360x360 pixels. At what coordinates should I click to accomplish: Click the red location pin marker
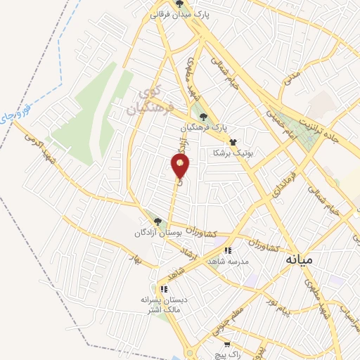tap(181, 166)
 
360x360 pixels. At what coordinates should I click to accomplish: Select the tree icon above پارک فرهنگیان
tap(203, 117)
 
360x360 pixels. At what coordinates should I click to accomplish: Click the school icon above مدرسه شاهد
tap(227, 250)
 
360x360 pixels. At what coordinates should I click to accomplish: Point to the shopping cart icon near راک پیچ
tap(227, 345)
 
